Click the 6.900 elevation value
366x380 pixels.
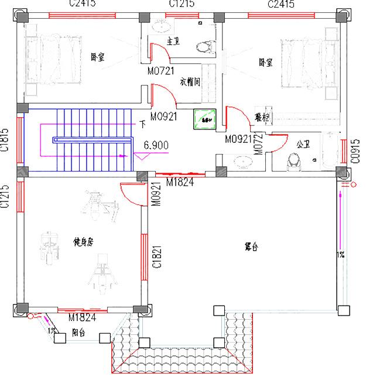[x=156, y=144]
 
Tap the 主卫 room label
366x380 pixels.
[x=173, y=42]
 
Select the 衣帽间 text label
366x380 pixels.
[x=190, y=82]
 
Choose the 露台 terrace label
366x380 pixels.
[x=251, y=247]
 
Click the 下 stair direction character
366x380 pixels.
[x=143, y=124]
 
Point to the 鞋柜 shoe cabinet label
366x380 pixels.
[x=262, y=117]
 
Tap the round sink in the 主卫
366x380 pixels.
[x=160, y=27]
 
